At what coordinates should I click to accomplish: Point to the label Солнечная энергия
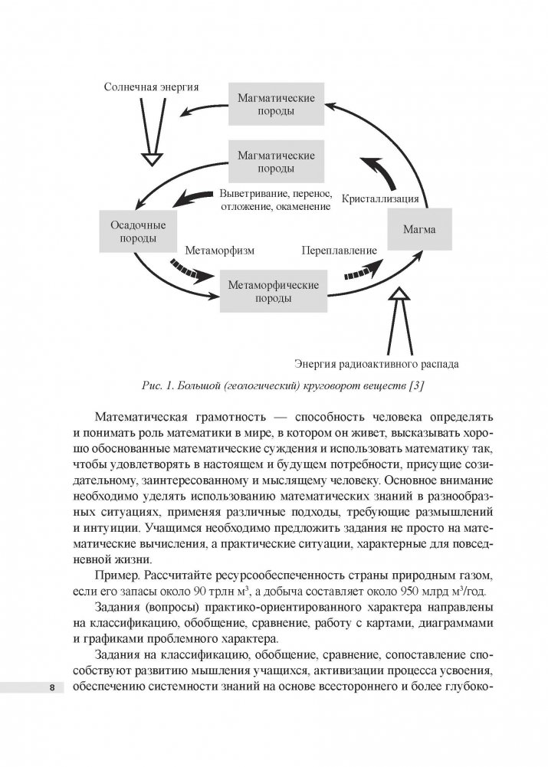point(152,87)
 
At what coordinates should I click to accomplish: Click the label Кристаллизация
point(380,198)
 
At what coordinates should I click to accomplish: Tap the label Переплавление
point(339,250)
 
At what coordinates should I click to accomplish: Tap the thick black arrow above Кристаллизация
point(381,172)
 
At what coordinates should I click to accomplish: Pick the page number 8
point(51,687)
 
